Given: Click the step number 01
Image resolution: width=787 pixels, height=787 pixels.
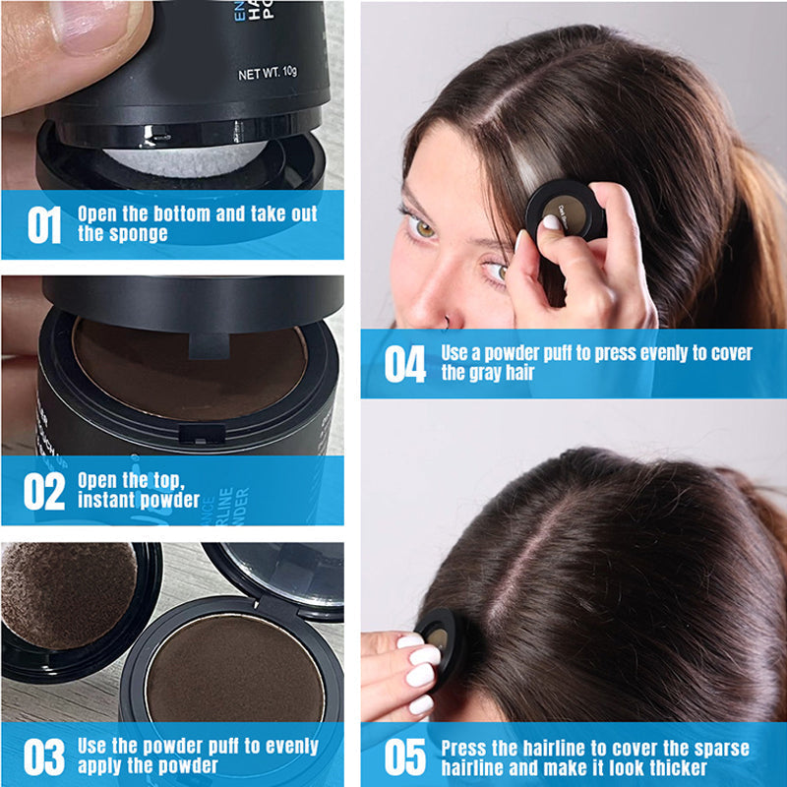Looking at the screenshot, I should (x=43, y=224).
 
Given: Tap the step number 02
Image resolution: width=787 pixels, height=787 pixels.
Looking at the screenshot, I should (x=43, y=491).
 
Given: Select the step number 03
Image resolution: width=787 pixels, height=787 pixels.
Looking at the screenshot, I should (x=43, y=756).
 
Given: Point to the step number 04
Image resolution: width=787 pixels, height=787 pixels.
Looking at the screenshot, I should (x=404, y=363).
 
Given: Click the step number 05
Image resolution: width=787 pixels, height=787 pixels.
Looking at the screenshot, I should (x=404, y=757).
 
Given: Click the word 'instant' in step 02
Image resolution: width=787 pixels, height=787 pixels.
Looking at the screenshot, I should (x=108, y=501).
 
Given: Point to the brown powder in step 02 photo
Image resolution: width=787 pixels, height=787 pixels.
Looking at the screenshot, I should (x=187, y=364).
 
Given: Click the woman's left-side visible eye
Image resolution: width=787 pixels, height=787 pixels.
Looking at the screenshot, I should (x=422, y=228).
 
